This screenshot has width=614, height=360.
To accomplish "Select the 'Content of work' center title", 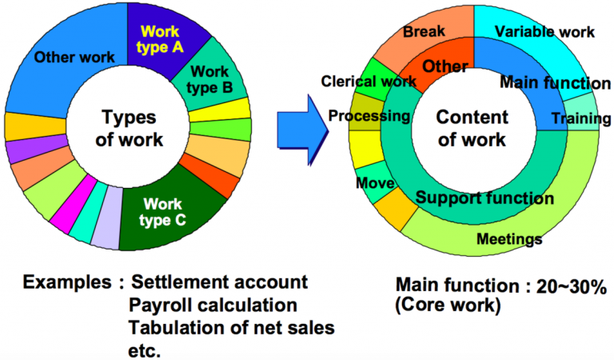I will click(472, 127).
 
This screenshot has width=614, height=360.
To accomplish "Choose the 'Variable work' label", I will click(544, 32).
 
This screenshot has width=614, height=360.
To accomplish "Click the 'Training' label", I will click(573, 119).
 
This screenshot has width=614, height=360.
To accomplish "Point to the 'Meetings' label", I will click(509, 238).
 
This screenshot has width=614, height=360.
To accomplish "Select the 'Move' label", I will click(376, 185).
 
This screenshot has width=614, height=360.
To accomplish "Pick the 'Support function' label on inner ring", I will click(485, 198).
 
